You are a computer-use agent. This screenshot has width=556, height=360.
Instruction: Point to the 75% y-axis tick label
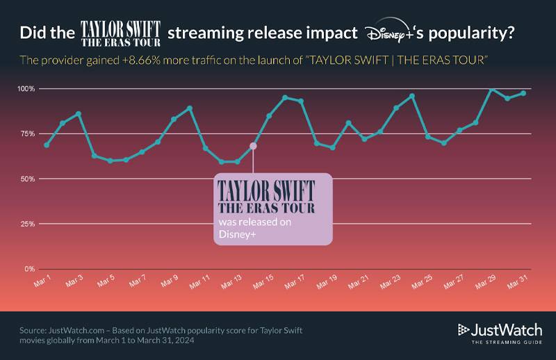26,134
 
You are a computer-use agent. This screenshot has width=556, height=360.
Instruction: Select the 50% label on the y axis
26,179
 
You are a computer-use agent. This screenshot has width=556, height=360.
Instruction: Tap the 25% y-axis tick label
26,224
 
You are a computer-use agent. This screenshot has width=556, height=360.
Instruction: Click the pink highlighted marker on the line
253,146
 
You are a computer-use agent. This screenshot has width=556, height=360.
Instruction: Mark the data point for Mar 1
47,145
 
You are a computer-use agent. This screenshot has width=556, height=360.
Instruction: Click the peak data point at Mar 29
491,89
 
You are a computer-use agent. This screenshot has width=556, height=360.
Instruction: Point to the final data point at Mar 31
523,92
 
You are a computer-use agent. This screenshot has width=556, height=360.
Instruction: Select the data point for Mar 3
79,113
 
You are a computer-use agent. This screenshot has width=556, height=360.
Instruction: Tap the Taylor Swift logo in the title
121,33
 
